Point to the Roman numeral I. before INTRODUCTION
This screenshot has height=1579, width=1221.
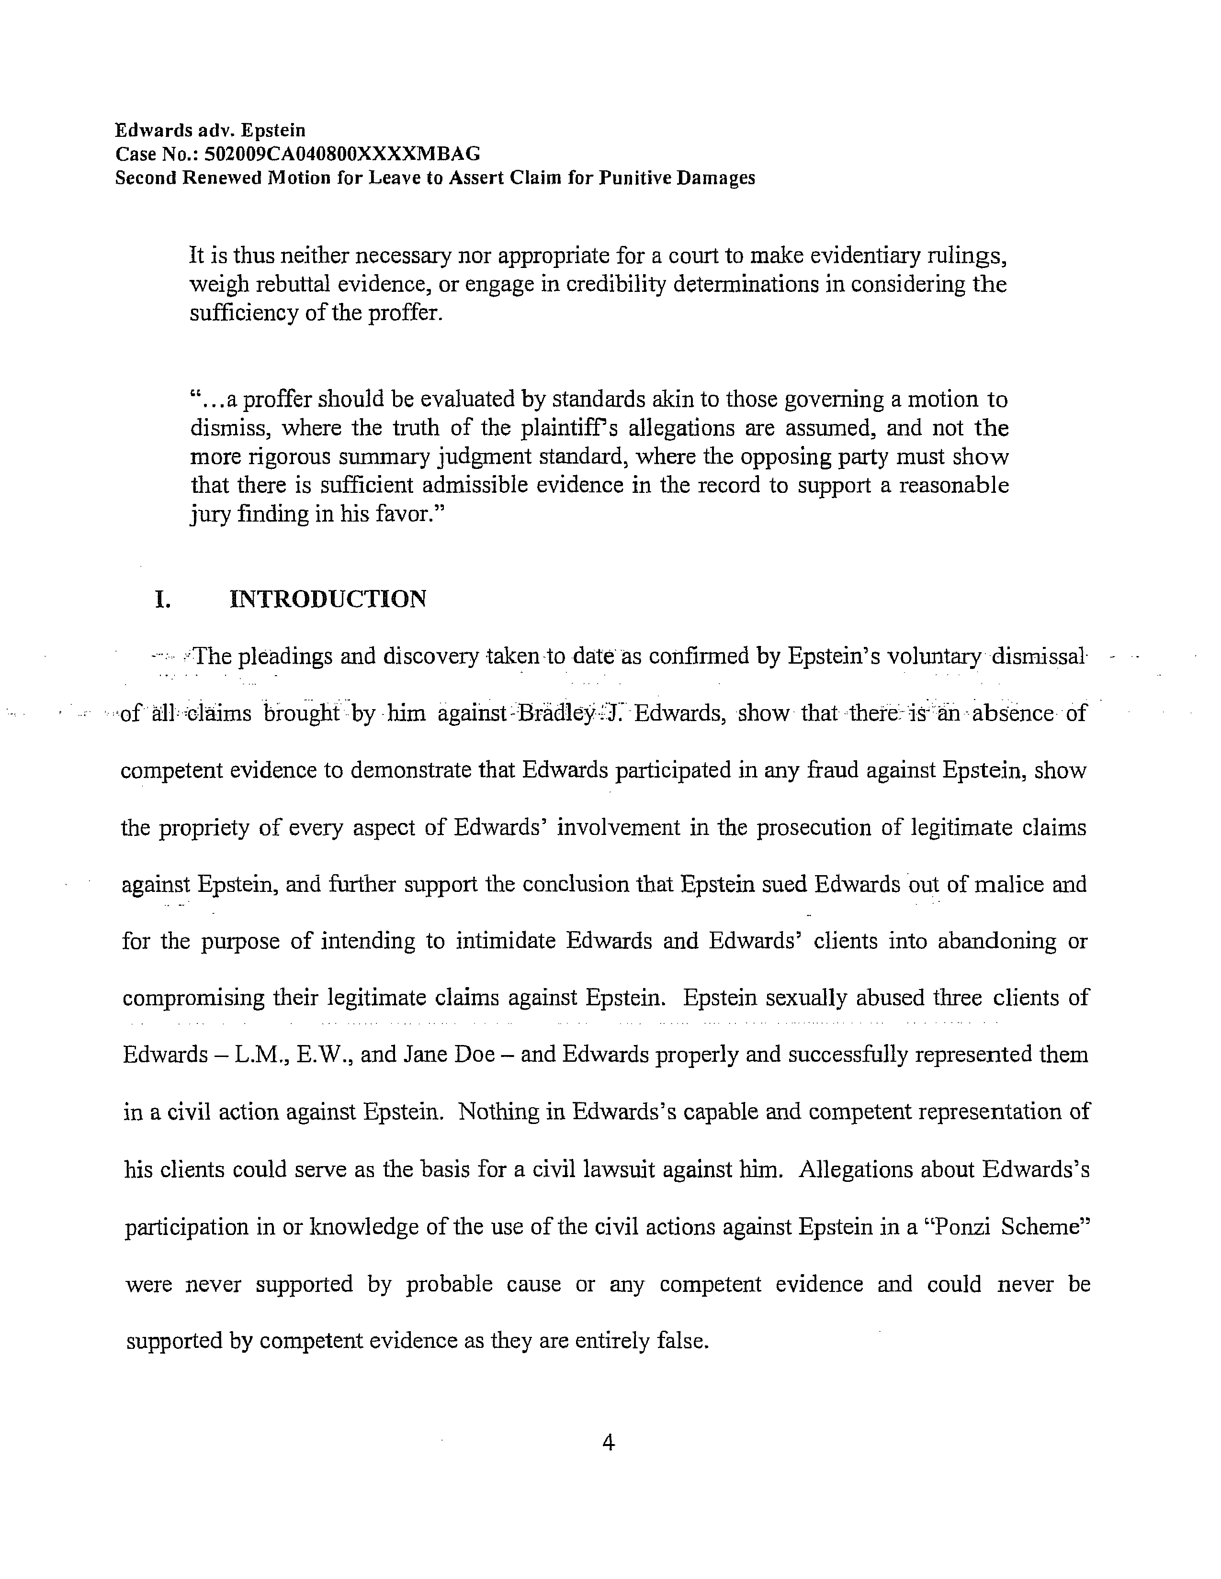163,600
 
